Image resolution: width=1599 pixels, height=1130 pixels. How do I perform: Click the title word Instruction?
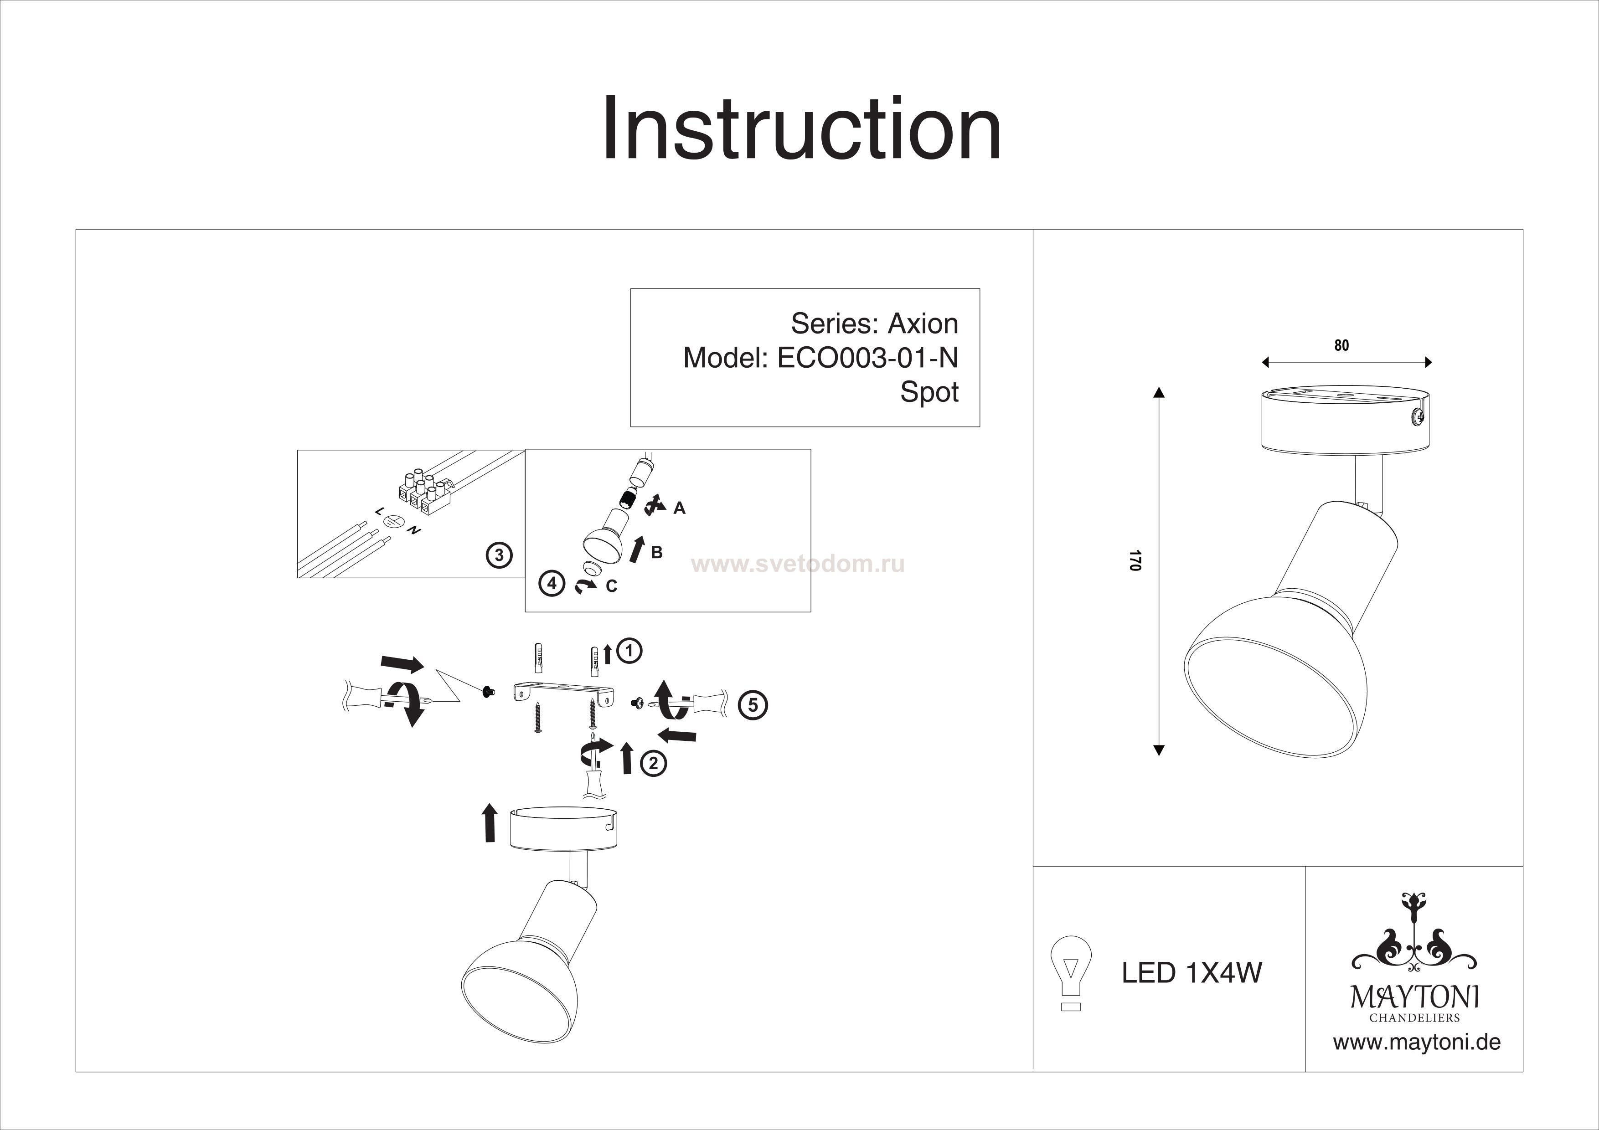tap(801, 129)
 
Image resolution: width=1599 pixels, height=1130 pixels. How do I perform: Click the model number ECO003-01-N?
tap(867, 358)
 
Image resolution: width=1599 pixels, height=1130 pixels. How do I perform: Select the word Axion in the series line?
tap(923, 324)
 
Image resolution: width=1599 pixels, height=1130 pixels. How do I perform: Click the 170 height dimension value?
tap(1135, 561)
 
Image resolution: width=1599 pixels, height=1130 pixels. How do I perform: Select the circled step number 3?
tap(499, 555)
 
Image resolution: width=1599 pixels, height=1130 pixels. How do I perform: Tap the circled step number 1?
tap(629, 651)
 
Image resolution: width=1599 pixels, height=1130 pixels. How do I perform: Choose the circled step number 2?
tap(653, 764)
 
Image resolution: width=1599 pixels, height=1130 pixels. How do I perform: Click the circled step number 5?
tap(753, 705)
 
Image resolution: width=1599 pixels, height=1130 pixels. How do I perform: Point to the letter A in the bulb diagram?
tap(679, 508)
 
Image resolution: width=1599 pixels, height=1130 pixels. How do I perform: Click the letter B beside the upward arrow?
tap(656, 553)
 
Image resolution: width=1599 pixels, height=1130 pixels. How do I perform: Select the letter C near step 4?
tap(611, 587)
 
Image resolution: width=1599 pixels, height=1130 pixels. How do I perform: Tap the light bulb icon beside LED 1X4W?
tap(1070, 972)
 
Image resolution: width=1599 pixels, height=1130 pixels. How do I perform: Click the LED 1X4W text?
tap(1191, 973)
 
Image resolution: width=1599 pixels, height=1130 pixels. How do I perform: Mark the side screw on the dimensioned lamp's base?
tap(1415, 418)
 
